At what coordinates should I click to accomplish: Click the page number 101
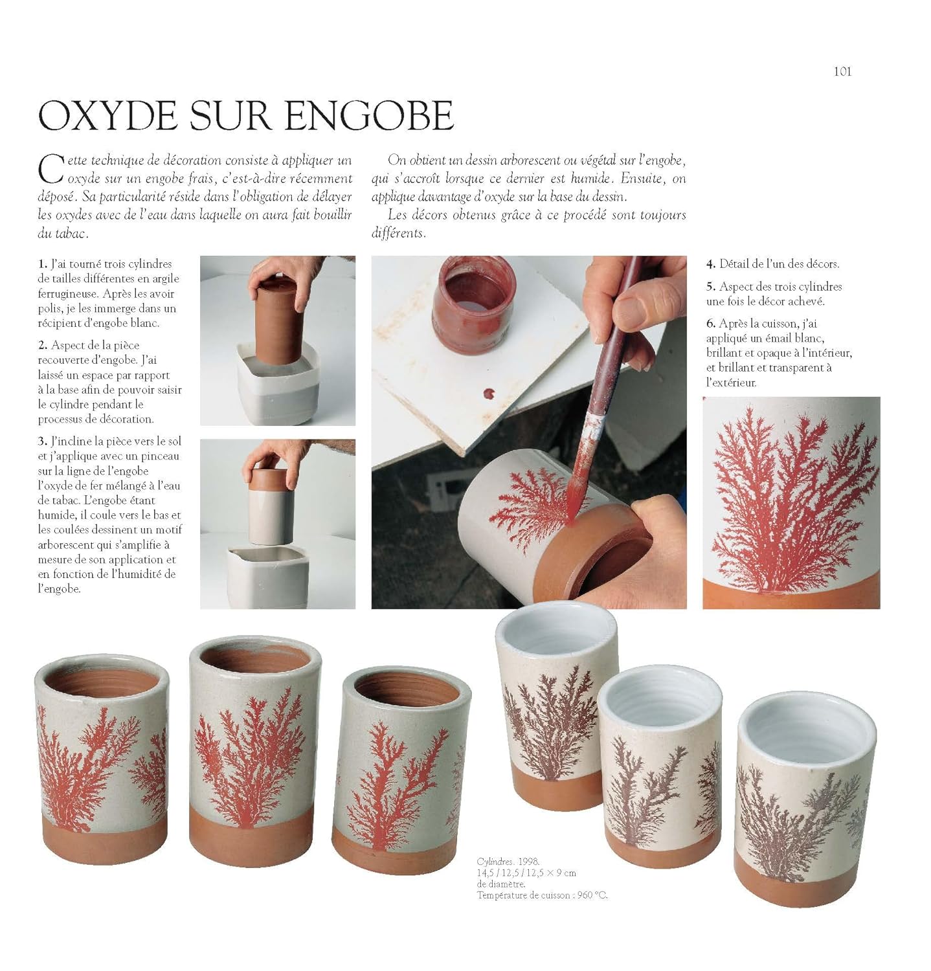[x=842, y=72]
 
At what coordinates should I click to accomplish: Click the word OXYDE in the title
[x=108, y=116]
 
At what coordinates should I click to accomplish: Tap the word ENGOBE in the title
[x=369, y=116]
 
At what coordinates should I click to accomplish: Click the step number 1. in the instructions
[x=43, y=264]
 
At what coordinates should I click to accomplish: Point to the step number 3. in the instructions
[x=43, y=441]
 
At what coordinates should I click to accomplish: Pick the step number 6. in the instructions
[x=711, y=324]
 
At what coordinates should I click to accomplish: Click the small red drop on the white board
[x=487, y=393]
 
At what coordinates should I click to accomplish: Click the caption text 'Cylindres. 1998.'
[x=508, y=862]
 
